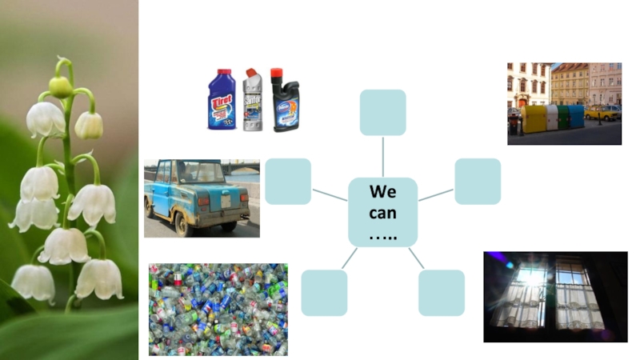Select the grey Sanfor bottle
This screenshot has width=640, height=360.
(254, 101)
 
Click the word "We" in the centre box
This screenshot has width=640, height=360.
(382, 192)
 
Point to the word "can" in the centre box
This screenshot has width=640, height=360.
(382, 213)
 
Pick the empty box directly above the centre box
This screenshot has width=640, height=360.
(382, 113)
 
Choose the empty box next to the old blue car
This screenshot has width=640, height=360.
(288, 182)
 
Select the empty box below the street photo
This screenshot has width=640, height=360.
(478, 182)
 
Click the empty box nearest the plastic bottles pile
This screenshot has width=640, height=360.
(324, 293)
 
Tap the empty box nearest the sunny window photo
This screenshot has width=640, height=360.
(441, 293)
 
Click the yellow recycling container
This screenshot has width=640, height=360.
(534, 119)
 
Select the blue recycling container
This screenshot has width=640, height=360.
(576, 117)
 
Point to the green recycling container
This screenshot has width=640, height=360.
(564, 117)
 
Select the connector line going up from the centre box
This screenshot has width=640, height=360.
(382, 157)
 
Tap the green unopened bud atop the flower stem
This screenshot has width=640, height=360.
(60, 86)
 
